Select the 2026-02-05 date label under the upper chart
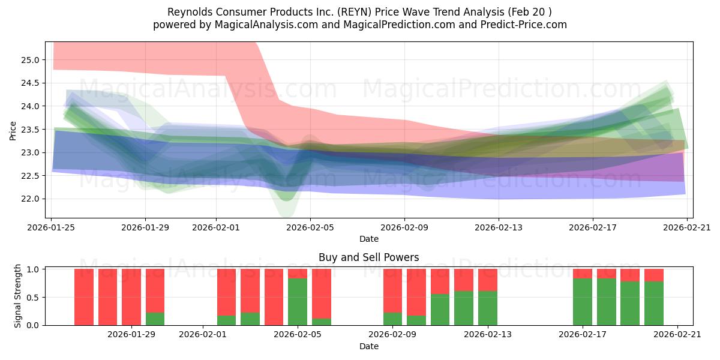tap(310, 227)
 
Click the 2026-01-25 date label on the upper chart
tap(51, 227)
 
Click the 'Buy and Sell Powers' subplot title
tap(368, 258)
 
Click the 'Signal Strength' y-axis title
tap(18, 296)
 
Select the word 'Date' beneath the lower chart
tap(368, 346)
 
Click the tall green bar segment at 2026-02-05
tap(298, 302)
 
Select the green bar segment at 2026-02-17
tap(582, 302)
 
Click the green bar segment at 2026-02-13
tap(487, 308)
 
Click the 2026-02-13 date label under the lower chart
tap(487, 335)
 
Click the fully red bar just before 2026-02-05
tap(274, 297)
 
